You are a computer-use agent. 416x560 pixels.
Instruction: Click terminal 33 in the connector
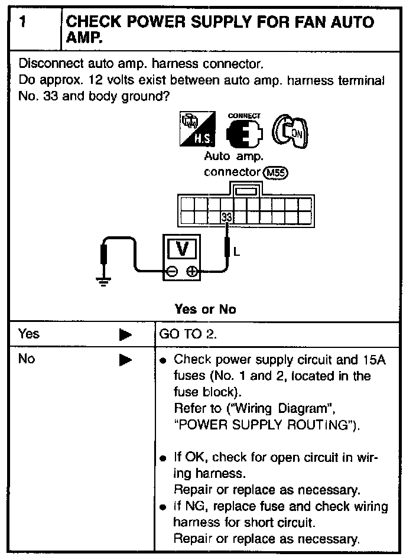pyautogui.click(x=226, y=217)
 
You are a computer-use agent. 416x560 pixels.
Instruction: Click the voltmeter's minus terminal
pyautogui.click(x=171, y=272)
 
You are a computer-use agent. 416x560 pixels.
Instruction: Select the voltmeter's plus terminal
pyautogui.click(x=192, y=272)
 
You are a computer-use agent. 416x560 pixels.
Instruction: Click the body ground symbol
pyautogui.click(x=104, y=280)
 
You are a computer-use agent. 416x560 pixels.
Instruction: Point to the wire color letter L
pyautogui.click(x=237, y=252)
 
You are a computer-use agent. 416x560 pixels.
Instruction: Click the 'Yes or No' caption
pyautogui.click(x=205, y=309)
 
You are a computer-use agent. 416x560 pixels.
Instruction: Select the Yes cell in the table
pyautogui.click(x=29, y=334)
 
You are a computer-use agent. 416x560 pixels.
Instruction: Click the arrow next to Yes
pyautogui.click(x=125, y=335)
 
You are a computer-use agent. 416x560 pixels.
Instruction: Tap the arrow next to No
pyautogui.click(x=125, y=360)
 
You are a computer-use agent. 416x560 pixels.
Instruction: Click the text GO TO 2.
pyautogui.click(x=188, y=334)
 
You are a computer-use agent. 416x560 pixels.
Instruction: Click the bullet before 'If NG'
pyautogui.click(x=162, y=507)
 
